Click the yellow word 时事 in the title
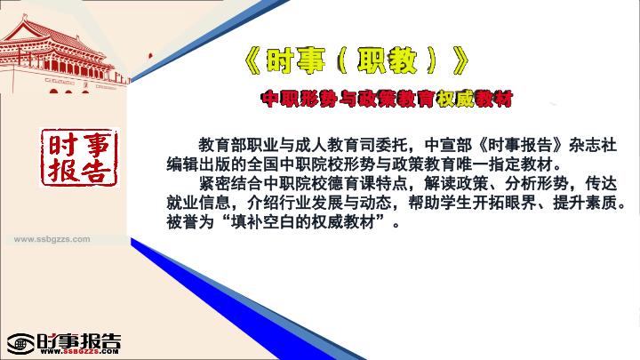[295, 61]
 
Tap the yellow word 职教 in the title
[387, 61]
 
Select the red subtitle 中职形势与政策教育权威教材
[387, 99]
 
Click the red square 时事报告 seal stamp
[79, 158]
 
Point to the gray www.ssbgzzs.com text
[52, 239]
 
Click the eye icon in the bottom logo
[20, 344]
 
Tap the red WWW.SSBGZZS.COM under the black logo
[80, 351]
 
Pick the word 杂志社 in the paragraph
[593, 145]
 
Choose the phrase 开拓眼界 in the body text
[504, 204]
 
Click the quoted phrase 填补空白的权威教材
[302, 222]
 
